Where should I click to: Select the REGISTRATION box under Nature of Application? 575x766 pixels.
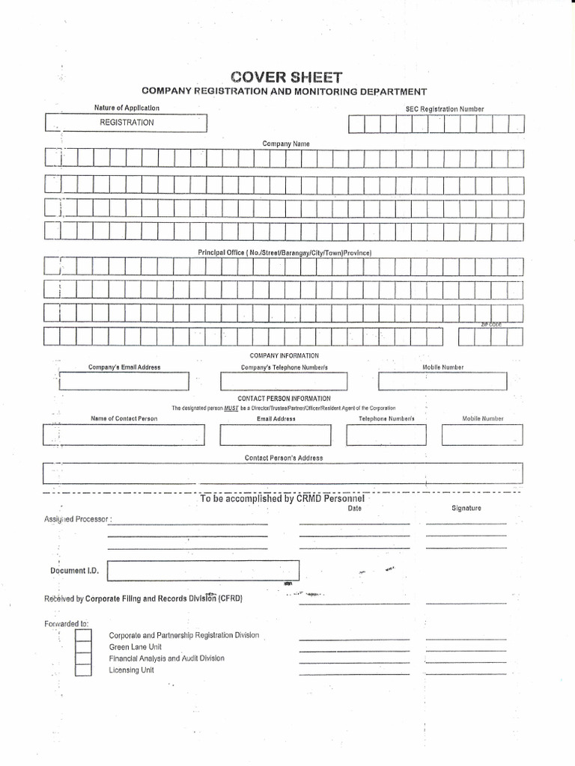(127, 123)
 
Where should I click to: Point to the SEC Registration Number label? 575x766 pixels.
(444, 109)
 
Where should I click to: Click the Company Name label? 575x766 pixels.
(285, 143)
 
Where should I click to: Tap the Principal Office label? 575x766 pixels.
(285, 253)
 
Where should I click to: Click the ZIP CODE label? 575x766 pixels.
(491, 325)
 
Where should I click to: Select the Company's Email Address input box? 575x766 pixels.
(124, 382)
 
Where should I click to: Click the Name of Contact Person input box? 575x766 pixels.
(124, 435)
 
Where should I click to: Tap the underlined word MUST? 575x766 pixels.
(231, 408)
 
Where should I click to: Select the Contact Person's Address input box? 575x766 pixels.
(283, 474)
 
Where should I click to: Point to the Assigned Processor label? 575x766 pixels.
(73, 519)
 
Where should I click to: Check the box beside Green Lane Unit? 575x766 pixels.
(83, 647)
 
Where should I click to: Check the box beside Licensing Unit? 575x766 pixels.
(83, 670)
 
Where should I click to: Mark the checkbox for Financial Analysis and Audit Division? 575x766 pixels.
(83, 659)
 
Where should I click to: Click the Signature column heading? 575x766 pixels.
(466, 509)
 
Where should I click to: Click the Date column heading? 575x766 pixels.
(354, 509)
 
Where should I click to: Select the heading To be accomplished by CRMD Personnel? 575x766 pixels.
(282, 498)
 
